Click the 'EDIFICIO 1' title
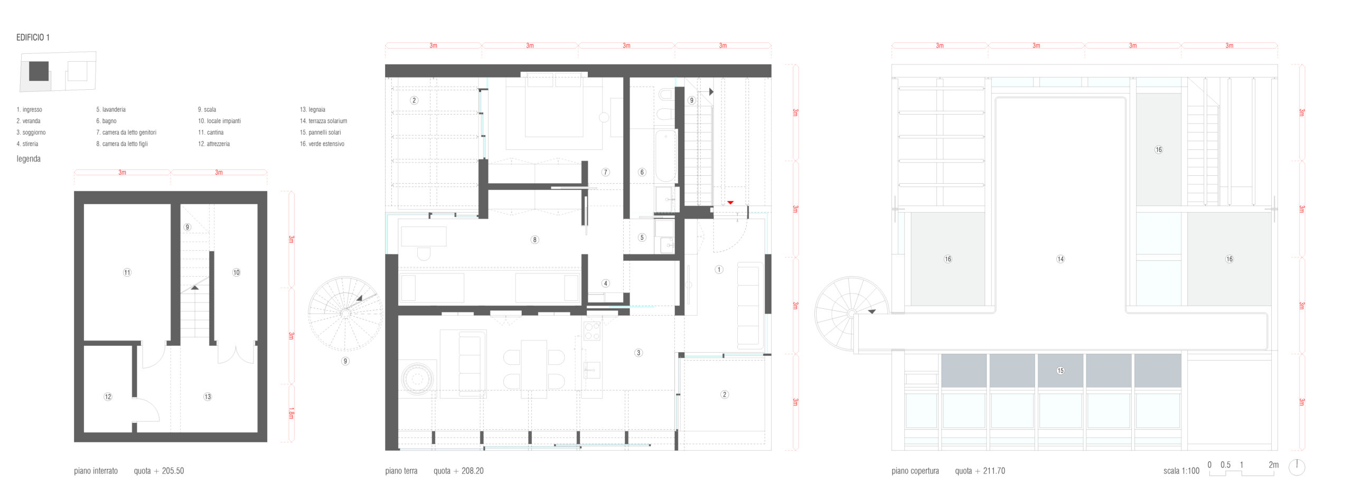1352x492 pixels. click(x=33, y=37)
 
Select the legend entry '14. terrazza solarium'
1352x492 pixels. click(x=323, y=121)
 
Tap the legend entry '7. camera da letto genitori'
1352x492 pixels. click(x=126, y=133)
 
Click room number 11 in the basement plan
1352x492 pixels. click(x=127, y=272)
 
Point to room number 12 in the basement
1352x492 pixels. click(x=108, y=396)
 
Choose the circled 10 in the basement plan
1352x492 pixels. click(x=236, y=272)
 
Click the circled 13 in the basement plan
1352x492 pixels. click(x=208, y=396)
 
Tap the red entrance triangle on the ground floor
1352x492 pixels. click(x=730, y=203)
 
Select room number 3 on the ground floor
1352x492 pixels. click(x=639, y=353)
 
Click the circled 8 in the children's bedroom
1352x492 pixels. click(x=534, y=240)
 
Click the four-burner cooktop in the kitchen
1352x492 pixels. click(x=592, y=331)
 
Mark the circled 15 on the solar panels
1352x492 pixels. click(x=1060, y=371)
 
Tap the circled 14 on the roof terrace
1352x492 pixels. click(x=1060, y=259)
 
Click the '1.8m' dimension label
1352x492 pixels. click(x=291, y=413)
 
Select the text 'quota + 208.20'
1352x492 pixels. click(x=458, y=471)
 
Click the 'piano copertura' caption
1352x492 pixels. click(x=915, y=471)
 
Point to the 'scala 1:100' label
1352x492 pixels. click(x=1181, y=471)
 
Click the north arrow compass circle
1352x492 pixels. click(x=1297, y=467)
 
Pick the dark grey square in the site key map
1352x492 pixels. click(x=39, y=71)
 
